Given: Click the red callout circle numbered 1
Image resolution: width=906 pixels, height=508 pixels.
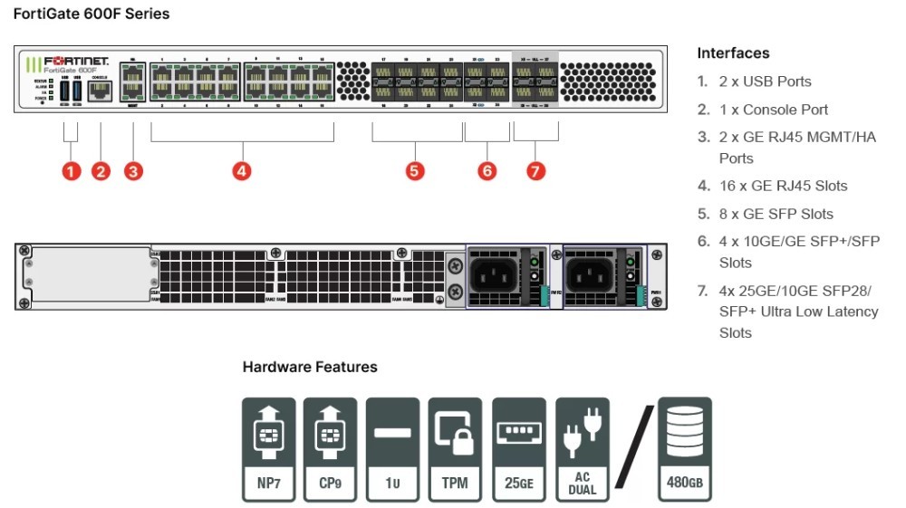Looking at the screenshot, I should (72, 170).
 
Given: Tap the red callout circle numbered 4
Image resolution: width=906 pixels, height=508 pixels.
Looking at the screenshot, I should (242, 170).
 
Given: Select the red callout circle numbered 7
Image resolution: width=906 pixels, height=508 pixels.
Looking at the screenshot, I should (536, 170).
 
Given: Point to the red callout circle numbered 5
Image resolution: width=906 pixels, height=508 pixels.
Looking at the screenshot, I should (415, 170).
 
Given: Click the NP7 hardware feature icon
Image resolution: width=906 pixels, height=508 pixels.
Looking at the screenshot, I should (269, 449).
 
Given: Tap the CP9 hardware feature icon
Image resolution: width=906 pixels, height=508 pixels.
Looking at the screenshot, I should (331, 449).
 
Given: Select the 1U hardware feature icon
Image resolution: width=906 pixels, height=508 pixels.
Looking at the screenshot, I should (392, 449).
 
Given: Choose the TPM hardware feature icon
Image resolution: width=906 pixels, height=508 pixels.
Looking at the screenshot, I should (455, 449).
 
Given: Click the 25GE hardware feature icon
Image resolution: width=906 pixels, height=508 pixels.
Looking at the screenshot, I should (519, 449).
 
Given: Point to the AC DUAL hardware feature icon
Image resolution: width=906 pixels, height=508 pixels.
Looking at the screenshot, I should (583, 449).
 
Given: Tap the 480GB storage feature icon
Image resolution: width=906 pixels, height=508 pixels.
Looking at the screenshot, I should (684, 449).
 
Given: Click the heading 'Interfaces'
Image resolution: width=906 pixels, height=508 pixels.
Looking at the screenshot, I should (733, 53).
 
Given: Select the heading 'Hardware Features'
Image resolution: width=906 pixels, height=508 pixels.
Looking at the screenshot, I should (310, 368).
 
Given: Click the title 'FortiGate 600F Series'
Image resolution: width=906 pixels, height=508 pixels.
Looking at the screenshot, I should (92, 14).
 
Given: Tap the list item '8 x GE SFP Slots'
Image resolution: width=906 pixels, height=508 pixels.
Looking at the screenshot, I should (776, 214).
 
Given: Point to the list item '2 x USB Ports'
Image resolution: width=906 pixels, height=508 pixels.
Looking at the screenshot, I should (765, 81).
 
